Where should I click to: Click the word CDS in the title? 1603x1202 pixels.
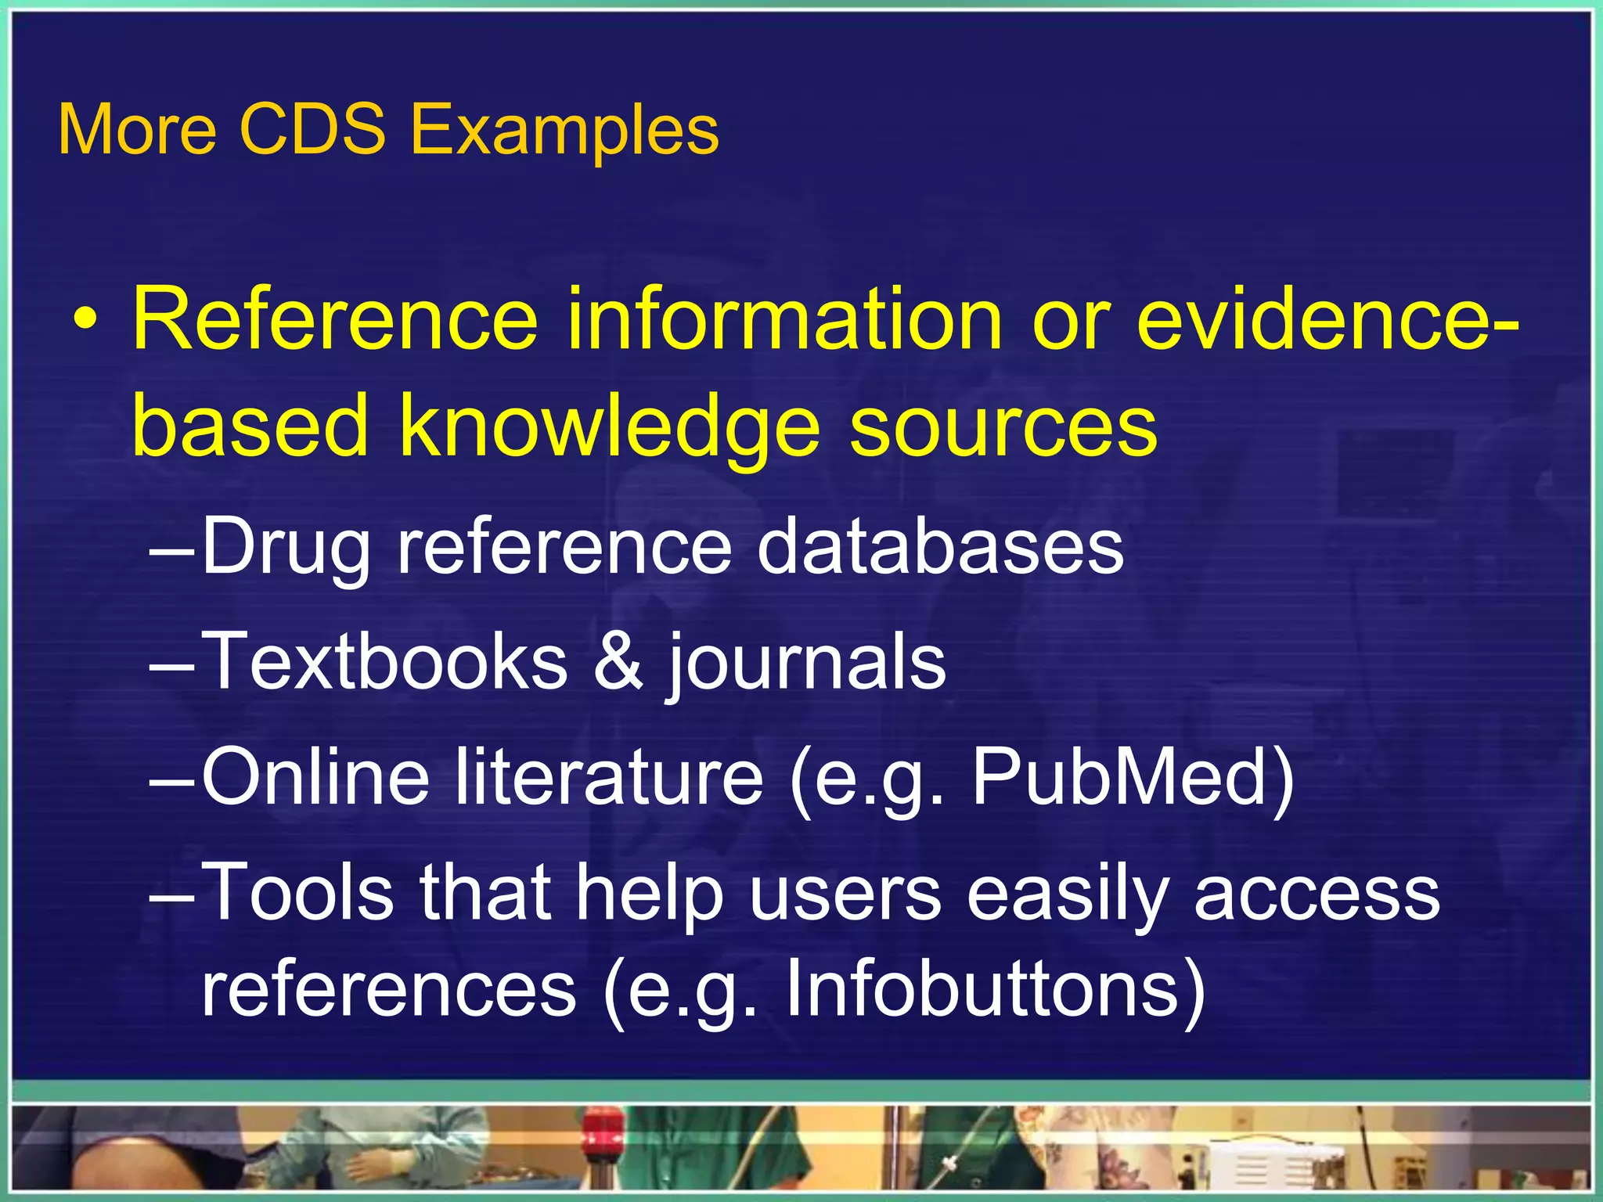[312, 129]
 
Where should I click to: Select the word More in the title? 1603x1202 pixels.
[137, 130]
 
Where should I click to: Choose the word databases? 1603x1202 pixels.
[940, 545]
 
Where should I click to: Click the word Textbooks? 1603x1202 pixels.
[384, 661]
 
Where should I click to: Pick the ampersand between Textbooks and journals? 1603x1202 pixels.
[618, 661]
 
